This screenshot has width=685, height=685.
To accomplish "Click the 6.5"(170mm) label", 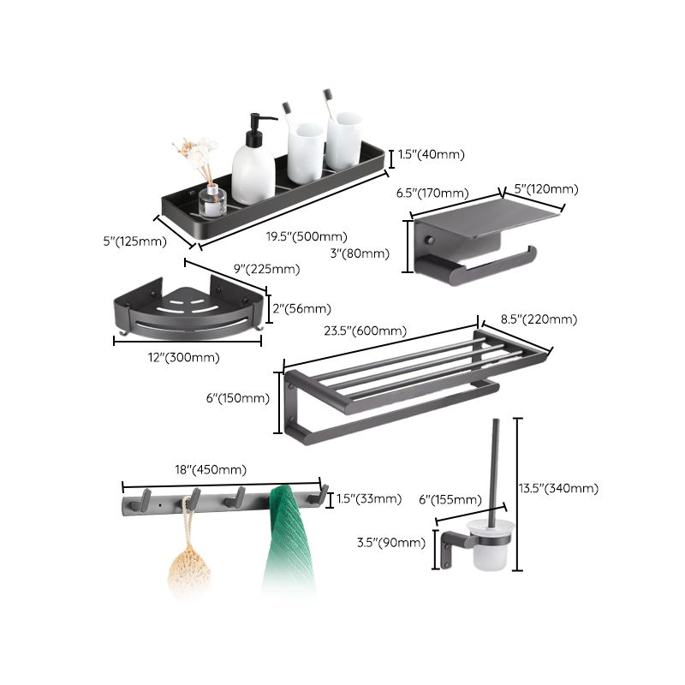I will click(432, 194).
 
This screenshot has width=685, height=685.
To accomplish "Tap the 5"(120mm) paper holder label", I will click(545, 188).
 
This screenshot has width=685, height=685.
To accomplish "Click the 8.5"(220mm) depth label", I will click(539, 319).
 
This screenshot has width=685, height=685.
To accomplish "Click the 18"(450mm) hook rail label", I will click(210, 469).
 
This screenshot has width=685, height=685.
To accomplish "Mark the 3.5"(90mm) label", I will click(390, 542).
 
